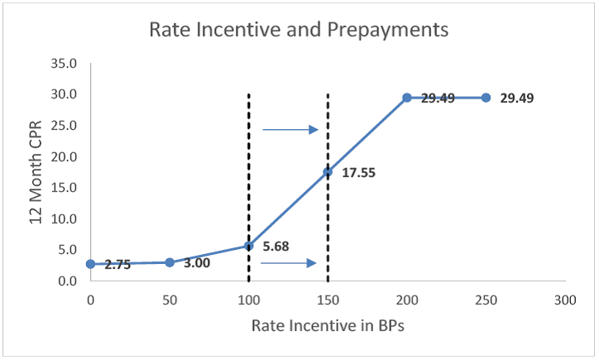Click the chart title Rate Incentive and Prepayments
pos(298,31)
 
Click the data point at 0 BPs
pos(90,264)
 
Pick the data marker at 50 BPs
pos(170,262)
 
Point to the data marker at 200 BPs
pos(407,98)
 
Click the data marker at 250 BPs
pos(486,98)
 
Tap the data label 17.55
pos(358,174)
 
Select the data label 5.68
pos(280,246)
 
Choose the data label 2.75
pos(117,265)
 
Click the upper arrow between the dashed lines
pos(290,129)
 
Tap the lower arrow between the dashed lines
pos(288,263)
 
